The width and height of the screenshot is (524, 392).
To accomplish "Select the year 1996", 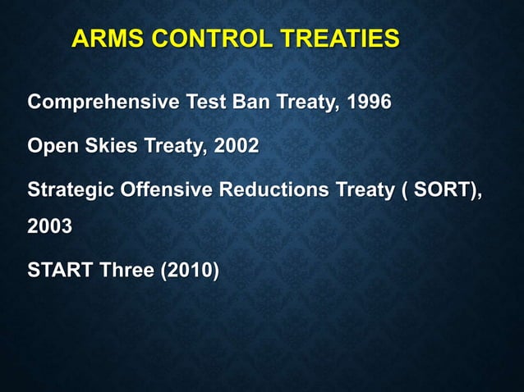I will click(369, 104).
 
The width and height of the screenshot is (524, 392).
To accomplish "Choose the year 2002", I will click(236, 147).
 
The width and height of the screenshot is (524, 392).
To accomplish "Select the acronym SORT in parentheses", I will click(436, 189).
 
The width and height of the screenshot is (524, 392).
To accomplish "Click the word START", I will click(60, 270).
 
